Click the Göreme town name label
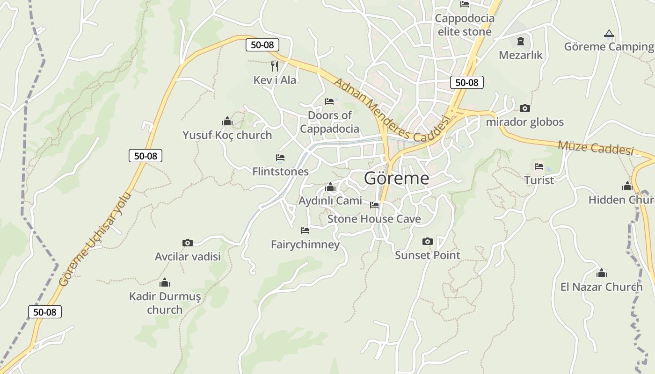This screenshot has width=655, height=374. click(396, 178)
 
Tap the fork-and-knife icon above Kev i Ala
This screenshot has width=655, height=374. click(275, 66)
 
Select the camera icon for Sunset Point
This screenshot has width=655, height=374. click(427, 242)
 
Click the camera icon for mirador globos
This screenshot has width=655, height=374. click(525, 108)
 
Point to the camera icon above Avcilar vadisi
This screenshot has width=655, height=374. click(187, 243)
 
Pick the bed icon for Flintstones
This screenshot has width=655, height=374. click(280, 158)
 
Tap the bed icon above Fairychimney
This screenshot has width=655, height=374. click(305, 230)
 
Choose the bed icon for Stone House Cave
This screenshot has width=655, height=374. click(374, 205)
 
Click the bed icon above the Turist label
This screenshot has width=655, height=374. click(539, 166)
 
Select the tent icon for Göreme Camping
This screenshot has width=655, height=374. click(609, 34)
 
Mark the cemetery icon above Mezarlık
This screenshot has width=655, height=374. click(520, 42)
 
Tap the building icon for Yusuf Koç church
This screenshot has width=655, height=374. click(227, 122)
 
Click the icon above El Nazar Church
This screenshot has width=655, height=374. click(602, 273)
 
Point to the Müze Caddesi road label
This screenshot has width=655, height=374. click(596, 148)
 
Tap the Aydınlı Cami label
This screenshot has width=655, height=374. click(330, 201)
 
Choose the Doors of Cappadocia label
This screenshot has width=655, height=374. click(330, 122)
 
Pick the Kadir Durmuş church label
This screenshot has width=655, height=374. click(165, 303)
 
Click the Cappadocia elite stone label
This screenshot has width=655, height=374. click(465, 25)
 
